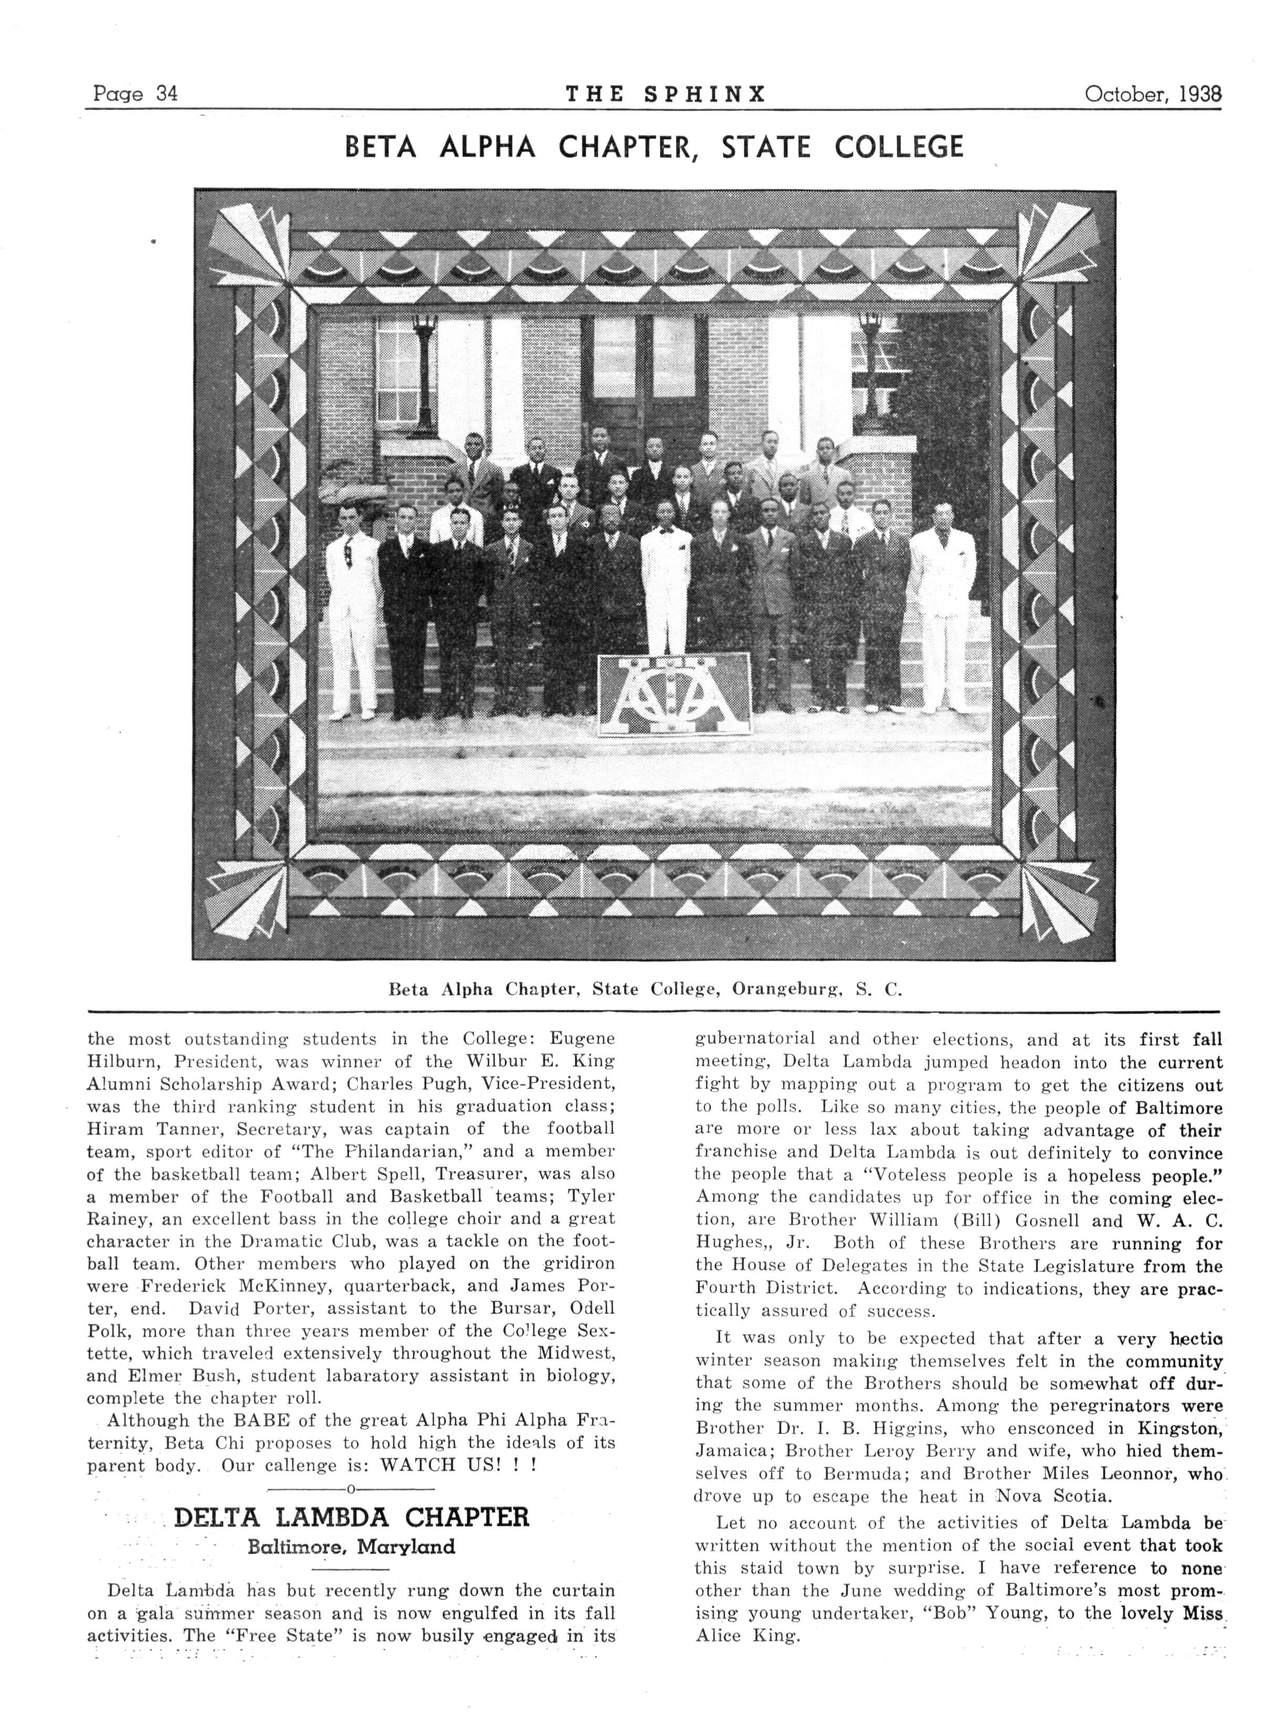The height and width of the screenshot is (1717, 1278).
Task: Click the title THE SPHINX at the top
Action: (665, 95)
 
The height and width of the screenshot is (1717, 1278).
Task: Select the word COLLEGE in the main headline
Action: (900, 147)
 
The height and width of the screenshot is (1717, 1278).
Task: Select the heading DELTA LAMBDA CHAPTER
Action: (352, 1516)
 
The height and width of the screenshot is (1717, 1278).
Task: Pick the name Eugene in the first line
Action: (580, 1039)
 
